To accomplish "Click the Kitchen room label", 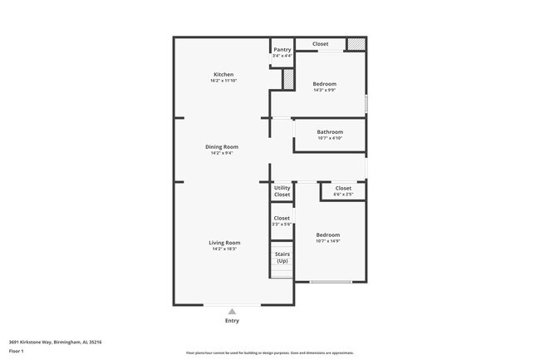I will (x=223, y=75).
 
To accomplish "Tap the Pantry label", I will (x=282, y=50).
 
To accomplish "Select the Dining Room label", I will (x=222, y=147).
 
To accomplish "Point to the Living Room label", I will (x=224, y=243).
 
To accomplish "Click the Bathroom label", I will (x=330, y=132).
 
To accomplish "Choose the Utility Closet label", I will (x=282, y=191).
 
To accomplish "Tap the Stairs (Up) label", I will (x=282, y=258).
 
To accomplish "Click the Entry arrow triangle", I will (x=232, y=312).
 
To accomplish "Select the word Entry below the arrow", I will (x=232, y=321).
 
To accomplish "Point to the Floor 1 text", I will (x=17, y=352).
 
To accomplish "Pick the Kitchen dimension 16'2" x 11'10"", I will (x=223, y=81).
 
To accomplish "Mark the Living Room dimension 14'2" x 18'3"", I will (x=224, y=249).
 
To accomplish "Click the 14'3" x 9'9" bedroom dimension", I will (x=324, y=90).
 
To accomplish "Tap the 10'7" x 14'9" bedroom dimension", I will (x=328, y=241).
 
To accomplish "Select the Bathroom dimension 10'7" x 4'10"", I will (x=330, y=138).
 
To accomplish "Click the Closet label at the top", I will (x=320, y=44).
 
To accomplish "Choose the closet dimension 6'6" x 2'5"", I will (x=343, y=195).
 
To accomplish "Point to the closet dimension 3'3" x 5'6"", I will (x=282, y=224).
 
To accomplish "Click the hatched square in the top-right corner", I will (x=356, y=44).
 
